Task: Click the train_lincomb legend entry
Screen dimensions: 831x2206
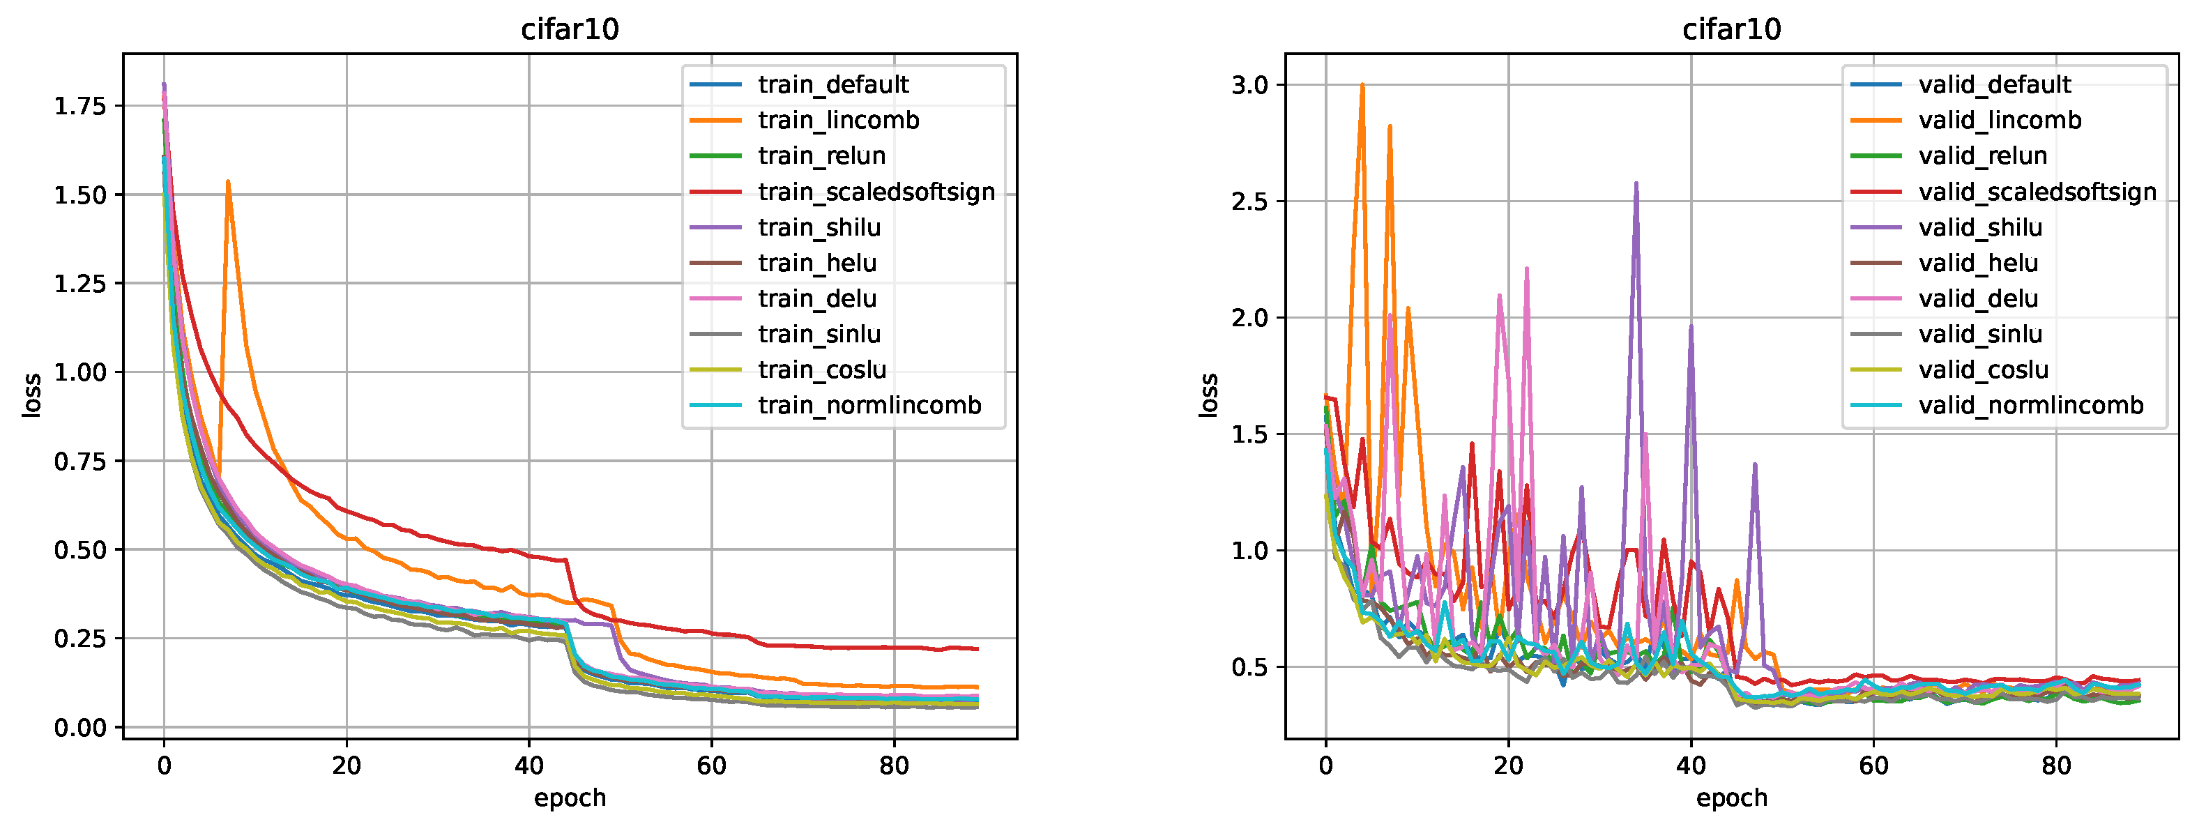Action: coord(837,120)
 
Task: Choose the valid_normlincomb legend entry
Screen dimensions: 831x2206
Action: coord(2030,405)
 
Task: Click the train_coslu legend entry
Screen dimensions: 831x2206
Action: coord(821,369)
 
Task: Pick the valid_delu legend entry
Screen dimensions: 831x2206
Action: coord(1977,298)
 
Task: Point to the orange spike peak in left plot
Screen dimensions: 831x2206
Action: coord(228,182)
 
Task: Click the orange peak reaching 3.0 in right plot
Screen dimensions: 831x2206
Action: coord(1362,85)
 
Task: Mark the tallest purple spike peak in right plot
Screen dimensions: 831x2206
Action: coord(1636,183)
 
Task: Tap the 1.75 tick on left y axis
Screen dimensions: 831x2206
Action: coord(79,105)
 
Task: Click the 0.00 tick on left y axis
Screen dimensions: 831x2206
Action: coord(79,727)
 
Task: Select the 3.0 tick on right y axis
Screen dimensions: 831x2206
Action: coord(1248,85)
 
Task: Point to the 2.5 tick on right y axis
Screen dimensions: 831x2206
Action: coord(1248,201)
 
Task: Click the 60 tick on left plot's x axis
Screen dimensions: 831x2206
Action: coord(710,765)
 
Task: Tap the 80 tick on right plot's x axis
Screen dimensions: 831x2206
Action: coord(2055,765)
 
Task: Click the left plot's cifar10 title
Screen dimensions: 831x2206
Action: coord(570,29)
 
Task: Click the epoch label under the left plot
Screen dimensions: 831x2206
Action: coord(570,798)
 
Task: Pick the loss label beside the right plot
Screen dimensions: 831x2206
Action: coord(1208,395)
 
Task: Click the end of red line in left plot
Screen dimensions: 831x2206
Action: coord(977,648)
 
